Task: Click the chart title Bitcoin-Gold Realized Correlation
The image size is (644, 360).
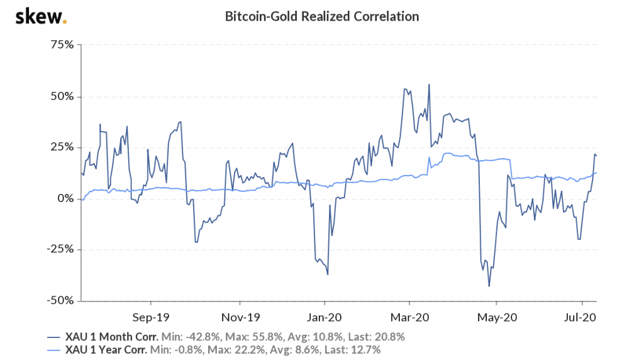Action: click(x=321, y=16)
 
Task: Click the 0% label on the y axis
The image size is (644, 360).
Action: click(x=65, y=198)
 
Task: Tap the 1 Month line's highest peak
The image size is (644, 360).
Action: click(x=429, y=84)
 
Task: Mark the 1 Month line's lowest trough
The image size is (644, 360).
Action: click(x=489, y=286)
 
